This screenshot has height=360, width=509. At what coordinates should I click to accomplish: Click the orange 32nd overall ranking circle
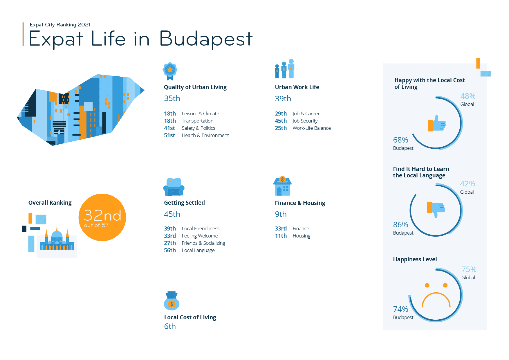102,217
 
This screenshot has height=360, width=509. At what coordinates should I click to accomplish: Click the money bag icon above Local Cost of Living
172,301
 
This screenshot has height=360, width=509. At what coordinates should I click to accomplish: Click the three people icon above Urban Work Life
285,69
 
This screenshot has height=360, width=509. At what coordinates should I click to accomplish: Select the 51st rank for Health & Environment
169,135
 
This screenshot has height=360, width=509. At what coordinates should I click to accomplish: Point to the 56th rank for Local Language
170,250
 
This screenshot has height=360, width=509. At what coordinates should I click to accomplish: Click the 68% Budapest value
400,140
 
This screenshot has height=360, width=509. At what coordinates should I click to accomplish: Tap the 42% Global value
468,184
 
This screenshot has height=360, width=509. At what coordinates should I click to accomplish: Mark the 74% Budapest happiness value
400,309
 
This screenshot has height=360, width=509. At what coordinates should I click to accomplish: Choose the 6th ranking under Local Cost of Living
170,326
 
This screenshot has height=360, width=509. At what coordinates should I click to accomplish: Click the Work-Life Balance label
312,128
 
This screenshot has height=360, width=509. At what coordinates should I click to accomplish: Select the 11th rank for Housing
281,236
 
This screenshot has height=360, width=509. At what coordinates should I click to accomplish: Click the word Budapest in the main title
206,39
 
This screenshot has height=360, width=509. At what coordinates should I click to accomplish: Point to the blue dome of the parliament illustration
57,235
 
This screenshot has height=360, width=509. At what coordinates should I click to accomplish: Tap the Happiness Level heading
415,259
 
